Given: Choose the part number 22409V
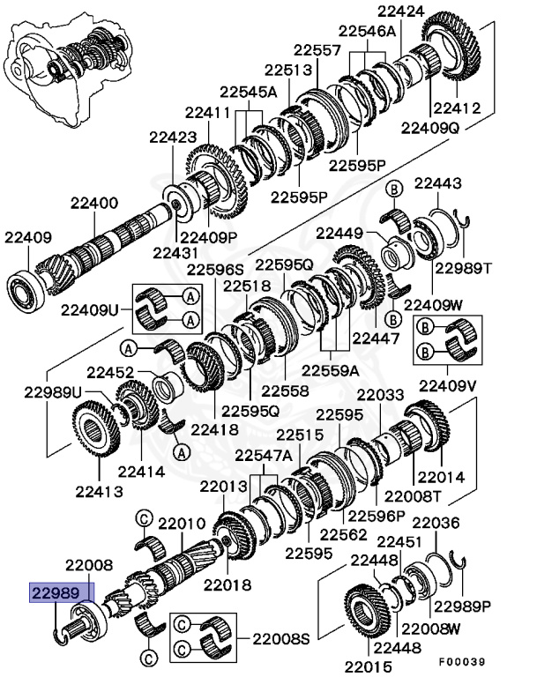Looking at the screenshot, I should (449, 385).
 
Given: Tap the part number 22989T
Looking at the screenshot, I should (466, 267).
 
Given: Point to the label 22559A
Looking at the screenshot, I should (333, 370).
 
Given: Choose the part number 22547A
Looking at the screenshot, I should (263, 455).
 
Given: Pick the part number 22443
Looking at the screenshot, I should (436, 182).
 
